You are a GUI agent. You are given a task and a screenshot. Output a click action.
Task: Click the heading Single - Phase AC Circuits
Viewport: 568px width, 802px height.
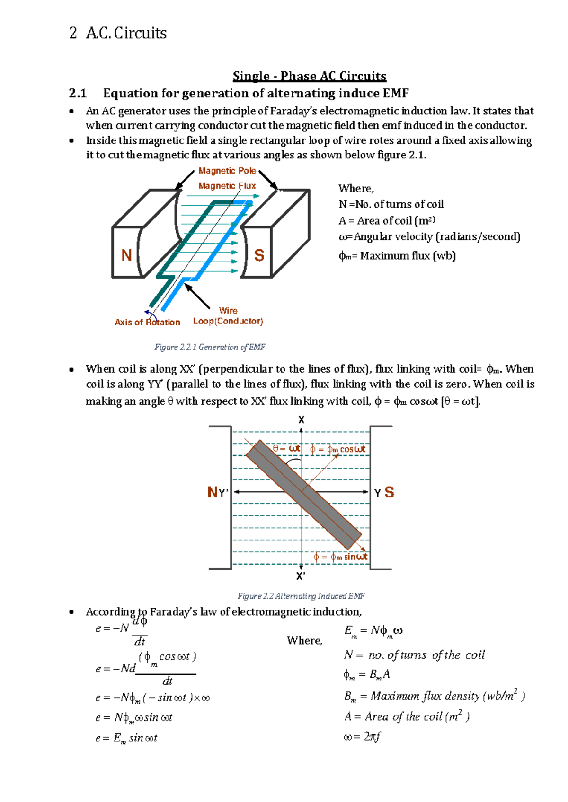(309, 76)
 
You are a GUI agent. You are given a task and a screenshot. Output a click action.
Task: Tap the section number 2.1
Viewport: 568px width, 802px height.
(78, 93)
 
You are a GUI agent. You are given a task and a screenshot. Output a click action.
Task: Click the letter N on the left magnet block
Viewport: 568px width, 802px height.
(126, 255)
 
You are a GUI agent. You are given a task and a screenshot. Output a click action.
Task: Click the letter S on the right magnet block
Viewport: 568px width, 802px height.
(259, 255)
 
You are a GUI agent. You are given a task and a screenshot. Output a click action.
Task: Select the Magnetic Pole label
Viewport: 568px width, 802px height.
(227, 171)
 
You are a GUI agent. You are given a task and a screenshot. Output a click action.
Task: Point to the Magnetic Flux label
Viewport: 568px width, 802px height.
(227, 186)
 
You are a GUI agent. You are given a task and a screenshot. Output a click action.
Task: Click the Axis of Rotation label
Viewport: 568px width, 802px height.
(147, 323)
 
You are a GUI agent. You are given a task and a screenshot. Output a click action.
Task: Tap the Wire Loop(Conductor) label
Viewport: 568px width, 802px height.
(228, 316)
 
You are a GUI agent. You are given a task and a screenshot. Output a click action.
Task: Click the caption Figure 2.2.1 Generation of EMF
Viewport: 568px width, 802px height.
(210, 347)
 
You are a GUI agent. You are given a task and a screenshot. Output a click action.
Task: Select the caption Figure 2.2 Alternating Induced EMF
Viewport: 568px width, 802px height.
(301, 596)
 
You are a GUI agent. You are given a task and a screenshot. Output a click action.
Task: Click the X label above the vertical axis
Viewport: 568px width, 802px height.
(301, 420)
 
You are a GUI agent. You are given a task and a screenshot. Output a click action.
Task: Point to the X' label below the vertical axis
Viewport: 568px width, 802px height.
(301, 576)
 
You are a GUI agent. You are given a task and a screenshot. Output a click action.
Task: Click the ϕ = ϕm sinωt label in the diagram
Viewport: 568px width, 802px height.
(340, 557)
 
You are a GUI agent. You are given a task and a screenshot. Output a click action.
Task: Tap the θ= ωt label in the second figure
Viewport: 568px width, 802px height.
(287, 448)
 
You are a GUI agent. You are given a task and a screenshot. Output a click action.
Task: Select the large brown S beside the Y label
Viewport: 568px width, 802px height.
(389, 492)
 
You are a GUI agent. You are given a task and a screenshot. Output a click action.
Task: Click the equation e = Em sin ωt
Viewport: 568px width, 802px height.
(126, 738)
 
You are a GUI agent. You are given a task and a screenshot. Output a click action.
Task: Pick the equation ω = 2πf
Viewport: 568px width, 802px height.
(362, 736)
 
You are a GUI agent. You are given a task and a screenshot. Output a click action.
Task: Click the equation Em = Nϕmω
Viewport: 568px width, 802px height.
(373, 631)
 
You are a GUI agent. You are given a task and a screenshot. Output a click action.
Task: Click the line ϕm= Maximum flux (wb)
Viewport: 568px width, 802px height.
(397, 256)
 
